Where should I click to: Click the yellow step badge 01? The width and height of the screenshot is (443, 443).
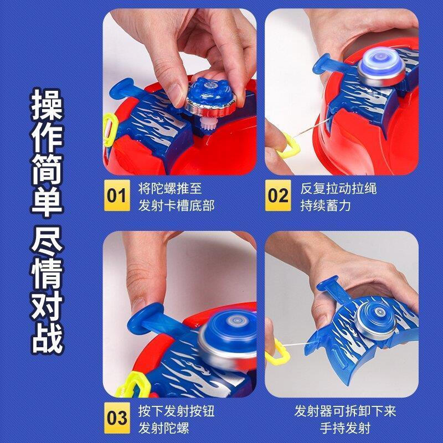(x=117, y=196)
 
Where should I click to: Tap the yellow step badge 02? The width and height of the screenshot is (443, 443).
(x=278, y=196)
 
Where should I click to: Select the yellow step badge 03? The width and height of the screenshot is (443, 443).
(x=117, y=418)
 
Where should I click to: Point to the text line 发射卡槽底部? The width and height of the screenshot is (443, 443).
(x=176, y=206)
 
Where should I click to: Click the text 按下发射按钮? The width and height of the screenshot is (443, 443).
(x=176, y=411)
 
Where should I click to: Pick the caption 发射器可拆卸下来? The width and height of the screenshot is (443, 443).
(x=345, y=411)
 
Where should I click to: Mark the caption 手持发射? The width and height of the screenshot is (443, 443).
(x=345, y=428)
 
